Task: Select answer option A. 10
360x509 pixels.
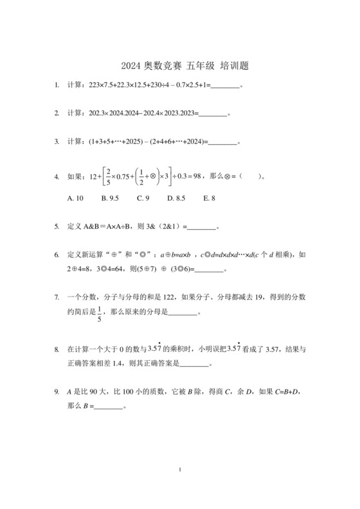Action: [75, 199]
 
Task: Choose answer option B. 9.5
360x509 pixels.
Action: [110, 199]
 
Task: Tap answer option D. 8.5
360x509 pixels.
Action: [176, 199]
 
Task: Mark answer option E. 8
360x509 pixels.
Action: [209, 199]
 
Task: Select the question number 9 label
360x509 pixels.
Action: [57, 391]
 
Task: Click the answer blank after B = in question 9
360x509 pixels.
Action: [108, 407]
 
